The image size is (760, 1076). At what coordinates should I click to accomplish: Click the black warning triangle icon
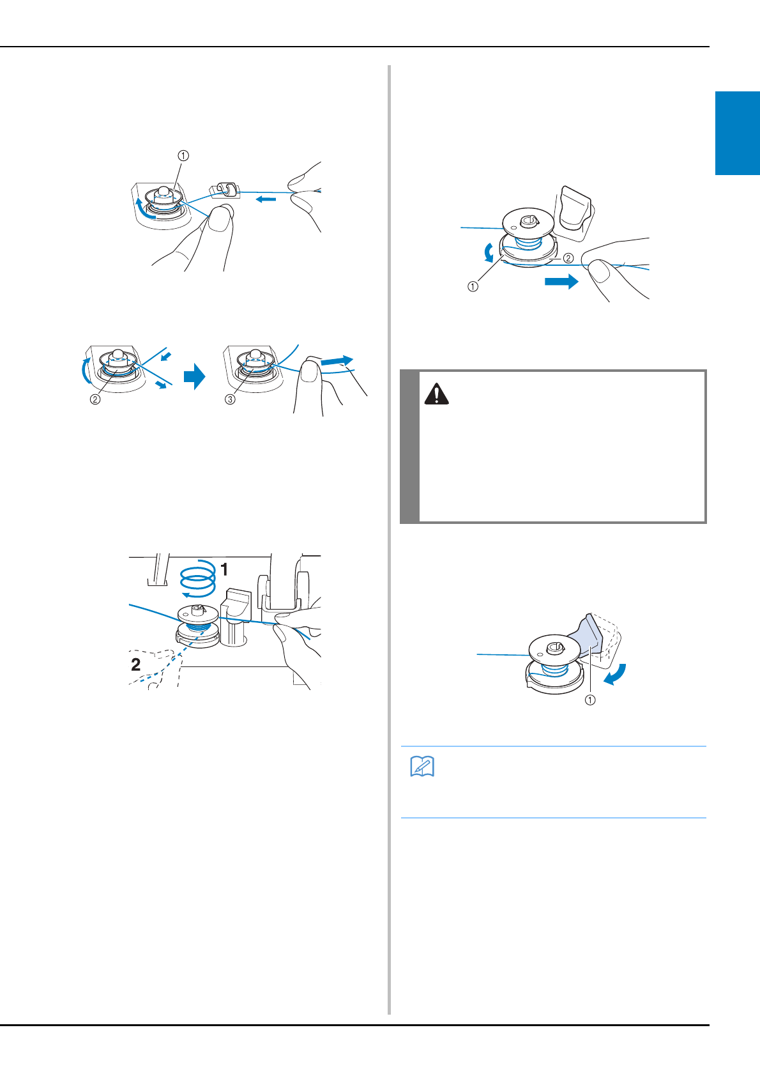(x=436, y=394)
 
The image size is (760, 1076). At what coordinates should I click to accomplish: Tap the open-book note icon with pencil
(x=422, y=766)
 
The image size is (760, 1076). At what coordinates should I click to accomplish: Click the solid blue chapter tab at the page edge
(x=738, y=133)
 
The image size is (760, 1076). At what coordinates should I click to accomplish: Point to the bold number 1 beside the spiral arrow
(x=224, y=570)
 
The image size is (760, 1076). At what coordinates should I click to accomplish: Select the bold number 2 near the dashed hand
(x=136, y=665)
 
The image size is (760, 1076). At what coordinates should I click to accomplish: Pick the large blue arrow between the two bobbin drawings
(x=194, y=376)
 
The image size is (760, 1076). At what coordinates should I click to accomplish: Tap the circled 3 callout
(x=231, y=399)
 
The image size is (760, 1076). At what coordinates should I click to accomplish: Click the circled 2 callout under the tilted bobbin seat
(x=95, y=399)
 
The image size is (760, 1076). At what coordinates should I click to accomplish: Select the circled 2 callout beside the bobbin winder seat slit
(x=568, y=258)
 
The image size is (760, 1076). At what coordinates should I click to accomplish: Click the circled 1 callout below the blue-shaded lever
(x=590, y=700)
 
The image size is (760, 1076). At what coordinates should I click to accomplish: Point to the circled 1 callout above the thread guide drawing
(x=183, y=156)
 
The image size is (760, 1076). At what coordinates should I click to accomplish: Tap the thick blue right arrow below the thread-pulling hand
(x=562, y=282)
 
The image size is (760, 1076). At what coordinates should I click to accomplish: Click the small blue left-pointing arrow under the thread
(x=266, y=199)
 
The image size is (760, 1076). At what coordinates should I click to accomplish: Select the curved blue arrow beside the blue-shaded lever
(x=616, y=675)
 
